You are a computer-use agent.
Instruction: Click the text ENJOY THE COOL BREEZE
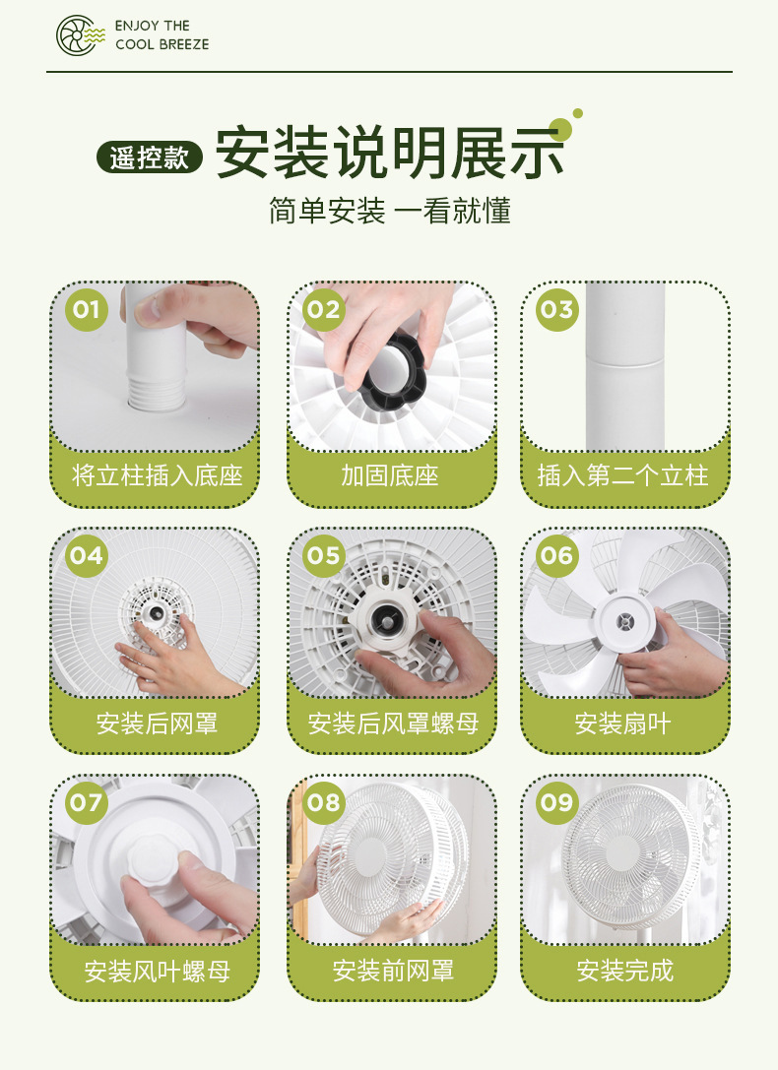[x=162, y=34]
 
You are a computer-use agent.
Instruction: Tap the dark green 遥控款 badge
[x=150, y=157]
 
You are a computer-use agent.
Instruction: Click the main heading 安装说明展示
[x=390, y=153]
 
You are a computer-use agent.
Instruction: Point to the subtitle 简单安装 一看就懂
[x=390, y=211]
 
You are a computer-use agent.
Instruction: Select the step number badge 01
[x=87, y=310]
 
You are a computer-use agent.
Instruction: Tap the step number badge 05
[x=323, y=556]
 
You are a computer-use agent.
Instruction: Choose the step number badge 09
[x=557, y=802]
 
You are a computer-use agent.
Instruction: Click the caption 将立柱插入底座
[x=157, y=475]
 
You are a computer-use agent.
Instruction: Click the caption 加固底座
[x=390, y=475]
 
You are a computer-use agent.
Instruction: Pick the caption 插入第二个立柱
[x=623, y=475]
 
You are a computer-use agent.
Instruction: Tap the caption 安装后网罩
[x=157, y=724]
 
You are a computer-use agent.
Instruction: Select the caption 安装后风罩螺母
[x=393, y=724]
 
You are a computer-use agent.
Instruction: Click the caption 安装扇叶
[x=623, y=724]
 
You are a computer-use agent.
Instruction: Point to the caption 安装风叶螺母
[x=157, y=971]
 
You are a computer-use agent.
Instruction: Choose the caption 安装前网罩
[x=393, y=971]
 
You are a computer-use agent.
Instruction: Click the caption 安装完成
[x=624, y=971]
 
